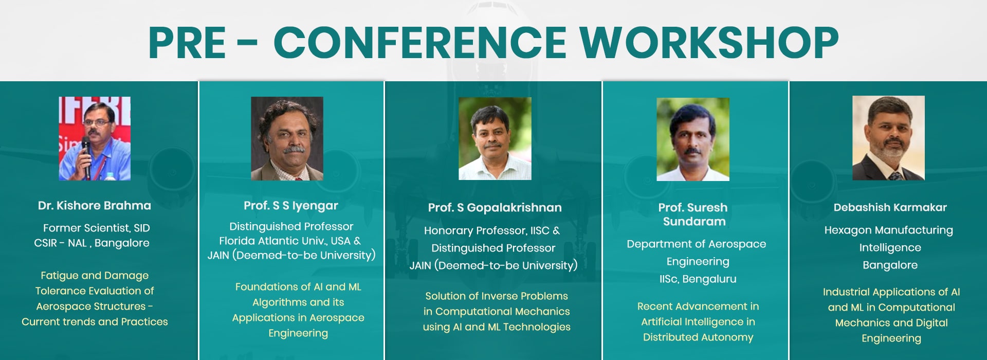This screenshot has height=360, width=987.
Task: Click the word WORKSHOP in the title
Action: pos(709,43)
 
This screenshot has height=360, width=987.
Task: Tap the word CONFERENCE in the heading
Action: pos(419,43)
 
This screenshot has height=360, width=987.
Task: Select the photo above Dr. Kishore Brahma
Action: pos(95,138)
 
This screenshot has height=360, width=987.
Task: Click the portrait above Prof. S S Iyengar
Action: pos(287,138)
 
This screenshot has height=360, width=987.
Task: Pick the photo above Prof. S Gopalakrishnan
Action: pos(495,138)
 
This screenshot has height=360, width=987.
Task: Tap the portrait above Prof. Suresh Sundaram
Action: pos(693,139)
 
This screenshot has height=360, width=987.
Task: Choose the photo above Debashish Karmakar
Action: pos(888,138)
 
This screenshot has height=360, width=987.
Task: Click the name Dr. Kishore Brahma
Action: pos(95,206)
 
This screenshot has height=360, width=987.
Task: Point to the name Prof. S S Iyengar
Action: pos(291,206)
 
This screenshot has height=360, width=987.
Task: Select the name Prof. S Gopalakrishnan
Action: pos(495,208)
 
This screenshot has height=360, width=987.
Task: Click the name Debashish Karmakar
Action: pos(890,207)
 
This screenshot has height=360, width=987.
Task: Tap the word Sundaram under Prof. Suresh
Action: pos(694,222)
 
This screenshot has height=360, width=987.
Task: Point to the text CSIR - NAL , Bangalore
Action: pos(92,243)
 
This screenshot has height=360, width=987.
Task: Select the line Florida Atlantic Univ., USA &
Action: pos(290,241)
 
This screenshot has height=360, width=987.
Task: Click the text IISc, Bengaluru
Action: pos(698,279)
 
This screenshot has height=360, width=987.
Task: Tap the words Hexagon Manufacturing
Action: pos(889,230)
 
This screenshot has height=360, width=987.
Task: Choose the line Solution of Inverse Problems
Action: pos(497,296)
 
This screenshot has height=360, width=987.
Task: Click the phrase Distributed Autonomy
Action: pos(698,337)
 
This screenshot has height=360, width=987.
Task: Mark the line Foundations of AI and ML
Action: pos(298,287)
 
